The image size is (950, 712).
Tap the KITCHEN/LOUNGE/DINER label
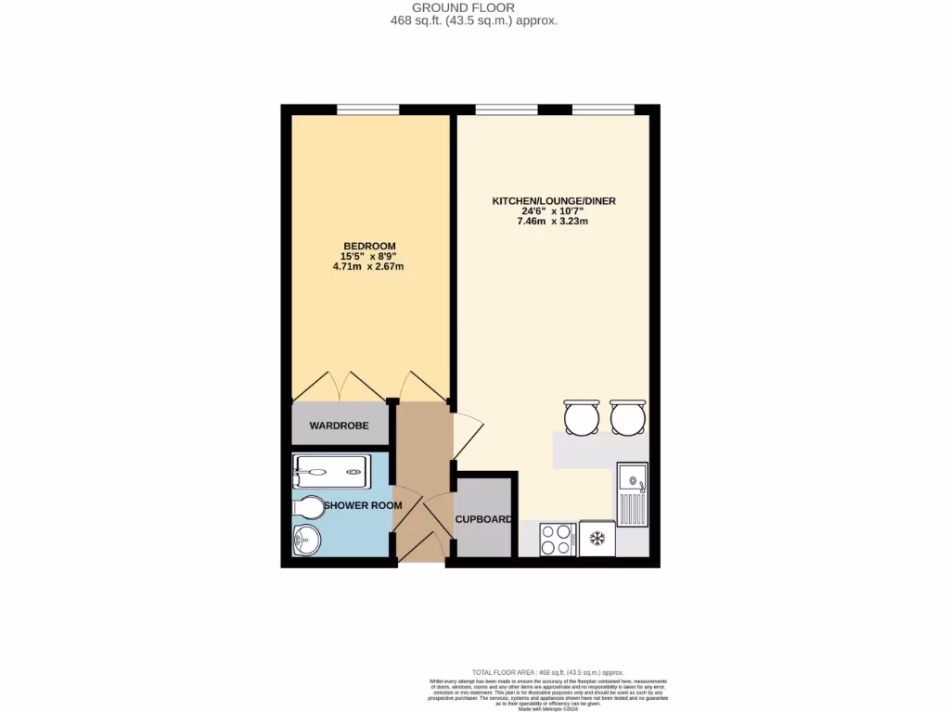tap(555, 200)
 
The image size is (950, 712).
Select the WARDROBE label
tap(339, 426)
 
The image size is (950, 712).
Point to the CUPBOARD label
tap(483, 519)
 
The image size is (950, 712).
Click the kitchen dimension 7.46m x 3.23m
tap(555, 221)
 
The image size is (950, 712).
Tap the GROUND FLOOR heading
tap(475, 7)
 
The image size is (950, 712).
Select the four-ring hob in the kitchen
tap(558, 539)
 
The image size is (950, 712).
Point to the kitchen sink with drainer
tap(632, 494)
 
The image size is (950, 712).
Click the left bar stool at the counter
tap(581, 416)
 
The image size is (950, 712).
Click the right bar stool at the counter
tap(627, 416)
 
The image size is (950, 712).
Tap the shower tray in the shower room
tap(331, 471)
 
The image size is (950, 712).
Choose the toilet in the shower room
tap(310, 507)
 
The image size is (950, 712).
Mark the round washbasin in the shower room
tap(305, 540)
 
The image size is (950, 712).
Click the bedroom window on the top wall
tap(368, 109)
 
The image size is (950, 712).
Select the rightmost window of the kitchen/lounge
tap(603, 109)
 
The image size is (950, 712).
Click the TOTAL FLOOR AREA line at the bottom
tap(547, 672)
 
